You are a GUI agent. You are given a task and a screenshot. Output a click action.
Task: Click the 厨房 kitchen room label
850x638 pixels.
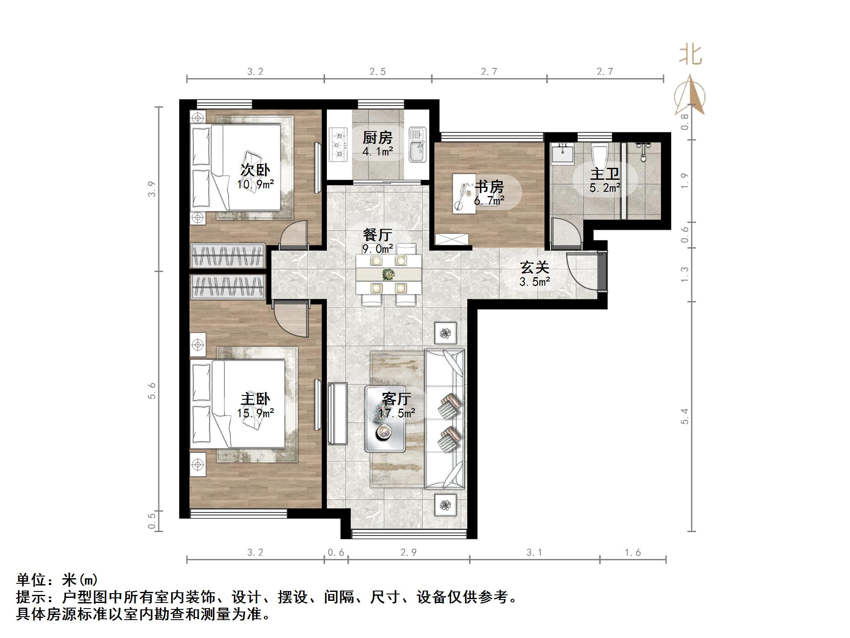pyautogui.click(x=377, y=138)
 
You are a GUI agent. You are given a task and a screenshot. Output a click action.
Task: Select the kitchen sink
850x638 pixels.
pyautogui.click(x=417, y=145)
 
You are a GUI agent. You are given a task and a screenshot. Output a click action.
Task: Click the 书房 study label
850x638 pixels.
pyautogui.click(x=489, y=187)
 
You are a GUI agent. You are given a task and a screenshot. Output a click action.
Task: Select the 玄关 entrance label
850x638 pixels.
pyautogui.click(x=534, y=268)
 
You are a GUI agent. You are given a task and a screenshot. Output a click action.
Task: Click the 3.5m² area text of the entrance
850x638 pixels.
pyautogui.click(x=534, y=282)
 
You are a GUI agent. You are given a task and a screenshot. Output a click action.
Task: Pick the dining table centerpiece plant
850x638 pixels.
pyautogui.click(x=388, y=274)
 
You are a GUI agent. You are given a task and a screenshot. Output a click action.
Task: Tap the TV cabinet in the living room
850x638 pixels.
pyautogui.click(x=338, y=414)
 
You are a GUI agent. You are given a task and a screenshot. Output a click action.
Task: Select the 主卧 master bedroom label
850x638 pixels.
pyautogui.click(x=255, y=399)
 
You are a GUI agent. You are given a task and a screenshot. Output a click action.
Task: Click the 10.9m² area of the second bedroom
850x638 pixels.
pyautogui.click(x=255, y=184)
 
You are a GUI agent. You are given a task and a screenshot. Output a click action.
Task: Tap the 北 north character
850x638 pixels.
pyautogui.click(x=690, y=55)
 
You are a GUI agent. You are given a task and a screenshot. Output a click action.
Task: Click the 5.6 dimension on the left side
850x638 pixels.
pyautogui.click(x=152, y=390)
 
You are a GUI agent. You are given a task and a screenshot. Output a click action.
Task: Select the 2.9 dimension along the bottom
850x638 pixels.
pyautogui.click(x=408, y=553)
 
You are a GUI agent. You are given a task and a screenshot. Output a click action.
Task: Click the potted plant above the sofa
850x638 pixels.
pyautogui.click(x=445, y=333)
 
